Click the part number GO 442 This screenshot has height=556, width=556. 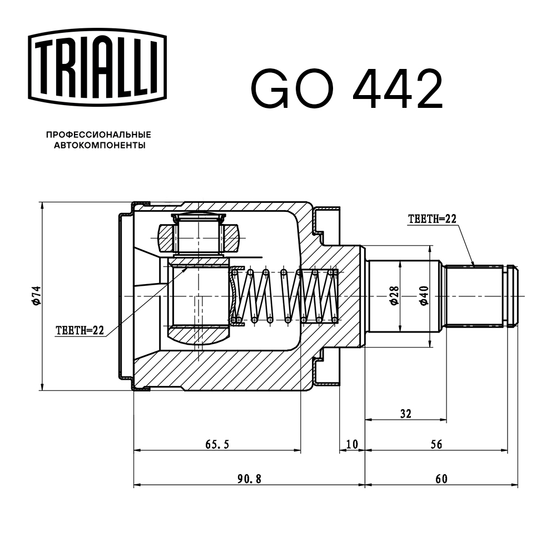347,89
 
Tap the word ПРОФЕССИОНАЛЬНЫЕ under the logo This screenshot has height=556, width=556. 99,135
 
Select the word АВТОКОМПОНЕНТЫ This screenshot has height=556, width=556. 99,146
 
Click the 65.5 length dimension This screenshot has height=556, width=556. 217,444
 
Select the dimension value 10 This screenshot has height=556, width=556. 351,444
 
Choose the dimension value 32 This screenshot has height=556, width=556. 406,414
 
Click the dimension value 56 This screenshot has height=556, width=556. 436,444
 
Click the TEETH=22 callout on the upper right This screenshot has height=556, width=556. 432,219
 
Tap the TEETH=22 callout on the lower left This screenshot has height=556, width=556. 80,330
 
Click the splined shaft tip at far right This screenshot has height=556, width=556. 512,295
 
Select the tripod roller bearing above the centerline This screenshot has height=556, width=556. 198,236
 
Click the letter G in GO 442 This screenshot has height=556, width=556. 272,89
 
